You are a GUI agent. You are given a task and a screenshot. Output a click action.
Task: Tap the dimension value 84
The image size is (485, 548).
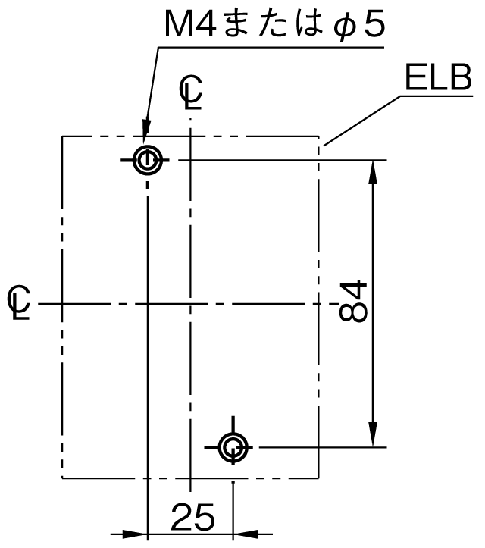[353, 301]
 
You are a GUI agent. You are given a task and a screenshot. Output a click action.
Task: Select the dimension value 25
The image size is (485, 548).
[192, 517]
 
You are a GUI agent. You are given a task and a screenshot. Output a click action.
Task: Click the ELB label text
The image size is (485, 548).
[439, 77]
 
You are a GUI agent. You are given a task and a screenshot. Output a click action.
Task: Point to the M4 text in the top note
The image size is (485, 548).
[190, 23]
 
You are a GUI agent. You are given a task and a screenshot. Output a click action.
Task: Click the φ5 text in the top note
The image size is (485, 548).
[359, 25]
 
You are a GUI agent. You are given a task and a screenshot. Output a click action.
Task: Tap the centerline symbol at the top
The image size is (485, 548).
[191, 92]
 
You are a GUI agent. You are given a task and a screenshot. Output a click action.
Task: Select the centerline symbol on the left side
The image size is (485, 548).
[19, 302]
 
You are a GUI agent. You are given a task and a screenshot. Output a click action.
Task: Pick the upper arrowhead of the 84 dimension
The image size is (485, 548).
[373, 172]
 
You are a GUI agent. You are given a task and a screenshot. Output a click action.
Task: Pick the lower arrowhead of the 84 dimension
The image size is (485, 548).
[373, 435]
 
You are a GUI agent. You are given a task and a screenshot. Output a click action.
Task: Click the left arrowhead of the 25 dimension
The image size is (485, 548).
[135, 534]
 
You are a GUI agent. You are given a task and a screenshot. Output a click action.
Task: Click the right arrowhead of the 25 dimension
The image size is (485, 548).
[246, 534]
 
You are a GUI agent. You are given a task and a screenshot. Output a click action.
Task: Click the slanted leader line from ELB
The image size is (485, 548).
[361, 121]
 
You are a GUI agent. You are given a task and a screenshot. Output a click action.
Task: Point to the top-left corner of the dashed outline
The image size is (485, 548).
[62, 136]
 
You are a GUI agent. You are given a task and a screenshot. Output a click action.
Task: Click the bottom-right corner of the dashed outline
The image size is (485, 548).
[319, 478]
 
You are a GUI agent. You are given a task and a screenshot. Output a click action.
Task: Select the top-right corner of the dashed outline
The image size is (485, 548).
[319, 136]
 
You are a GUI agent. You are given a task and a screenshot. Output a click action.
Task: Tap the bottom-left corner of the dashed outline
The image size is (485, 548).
[62, 478]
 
